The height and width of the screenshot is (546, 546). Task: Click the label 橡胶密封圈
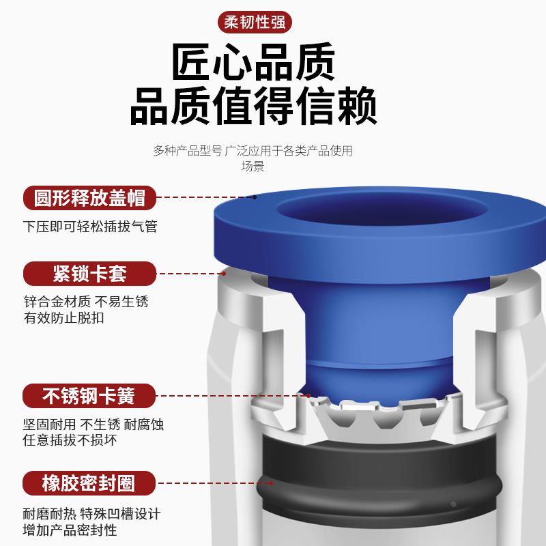[x=89, y=484]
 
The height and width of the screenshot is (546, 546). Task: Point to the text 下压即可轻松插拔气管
[x=90, y=226]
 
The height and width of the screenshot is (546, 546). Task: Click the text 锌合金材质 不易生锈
[x=85, y=301]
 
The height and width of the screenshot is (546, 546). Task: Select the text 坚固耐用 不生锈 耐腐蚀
[x=94, y=424]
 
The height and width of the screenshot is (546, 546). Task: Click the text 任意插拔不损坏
[x=70, y=440]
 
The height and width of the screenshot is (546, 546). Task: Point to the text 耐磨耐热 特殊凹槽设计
[x=92, y=514]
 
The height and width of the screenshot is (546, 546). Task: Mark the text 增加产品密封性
[x=70, y=530]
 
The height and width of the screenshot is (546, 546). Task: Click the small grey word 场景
[x=253, y=166]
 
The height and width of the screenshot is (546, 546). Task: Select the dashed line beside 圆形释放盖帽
[x=205, y=197]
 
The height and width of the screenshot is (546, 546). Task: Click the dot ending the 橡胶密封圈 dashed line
[x=271, y=483]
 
